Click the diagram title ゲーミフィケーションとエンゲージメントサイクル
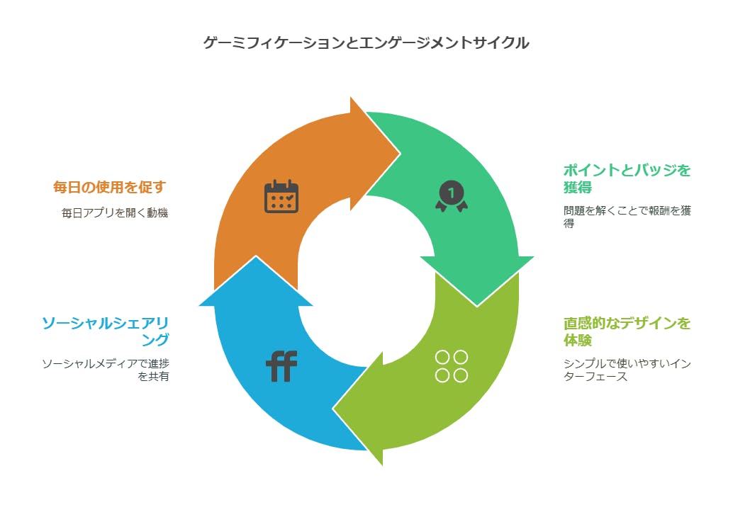pos(366,43)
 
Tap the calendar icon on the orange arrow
pos(281,196)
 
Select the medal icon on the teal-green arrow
pos(452,196)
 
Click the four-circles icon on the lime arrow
pos(452,365)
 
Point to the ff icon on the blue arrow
pos(281,367)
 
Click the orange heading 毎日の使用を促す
pos(110,187)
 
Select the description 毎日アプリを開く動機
pos(115,212)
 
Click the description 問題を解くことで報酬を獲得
pos(627,217)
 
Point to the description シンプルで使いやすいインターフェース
pos(627,370)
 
